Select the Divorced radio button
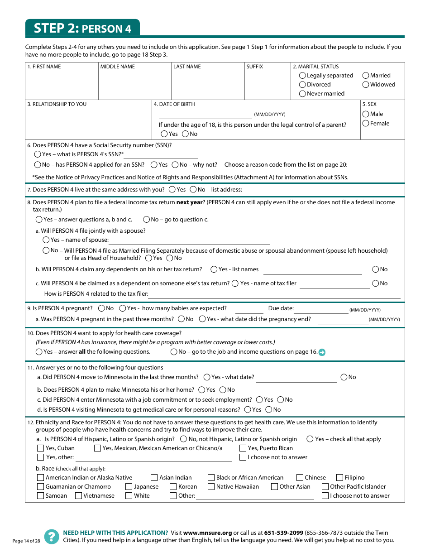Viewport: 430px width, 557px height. pyautogui.click(x=302, y=85)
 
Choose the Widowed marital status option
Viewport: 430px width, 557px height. pyautogui.click(x=366, y=85)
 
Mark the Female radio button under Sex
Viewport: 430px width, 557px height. pyautogui.click(x=366, y=124)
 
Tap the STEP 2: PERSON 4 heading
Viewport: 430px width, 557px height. pyautogui.click(x=82, y=28)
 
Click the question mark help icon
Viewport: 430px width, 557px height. pyautogui.click(x=52, y=537)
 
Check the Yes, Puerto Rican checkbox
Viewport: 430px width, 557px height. pyautogui.click(x=243, y=448)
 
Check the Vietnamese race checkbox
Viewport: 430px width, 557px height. pyautogui.click(x=79, y=496)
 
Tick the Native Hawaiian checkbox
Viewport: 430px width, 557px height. pyautogui.click(x=211, y=487)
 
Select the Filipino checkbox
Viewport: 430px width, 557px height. pyautogui.click(x=340, y=478)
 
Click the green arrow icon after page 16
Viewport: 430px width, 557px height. pyautogui.click(x=322, y=352)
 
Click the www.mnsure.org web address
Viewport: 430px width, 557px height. pyautogui.click(x=207, y=533)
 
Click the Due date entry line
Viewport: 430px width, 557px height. pyautogui.click(x=321, y=310)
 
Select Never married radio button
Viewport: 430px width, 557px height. pyautogui.click(x=302, y=94)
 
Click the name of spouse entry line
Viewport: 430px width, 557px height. pyautogui.click(x=189, y=241)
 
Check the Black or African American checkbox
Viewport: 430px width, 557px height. pyautogui.click(x=211, y=478)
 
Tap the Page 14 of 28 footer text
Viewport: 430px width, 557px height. pyautogui.click(x=26, y=541)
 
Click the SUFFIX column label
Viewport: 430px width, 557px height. pyautogui.click(x=254, y=67)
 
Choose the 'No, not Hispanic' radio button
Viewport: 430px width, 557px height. pyautogui.click(x=183, y=439)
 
